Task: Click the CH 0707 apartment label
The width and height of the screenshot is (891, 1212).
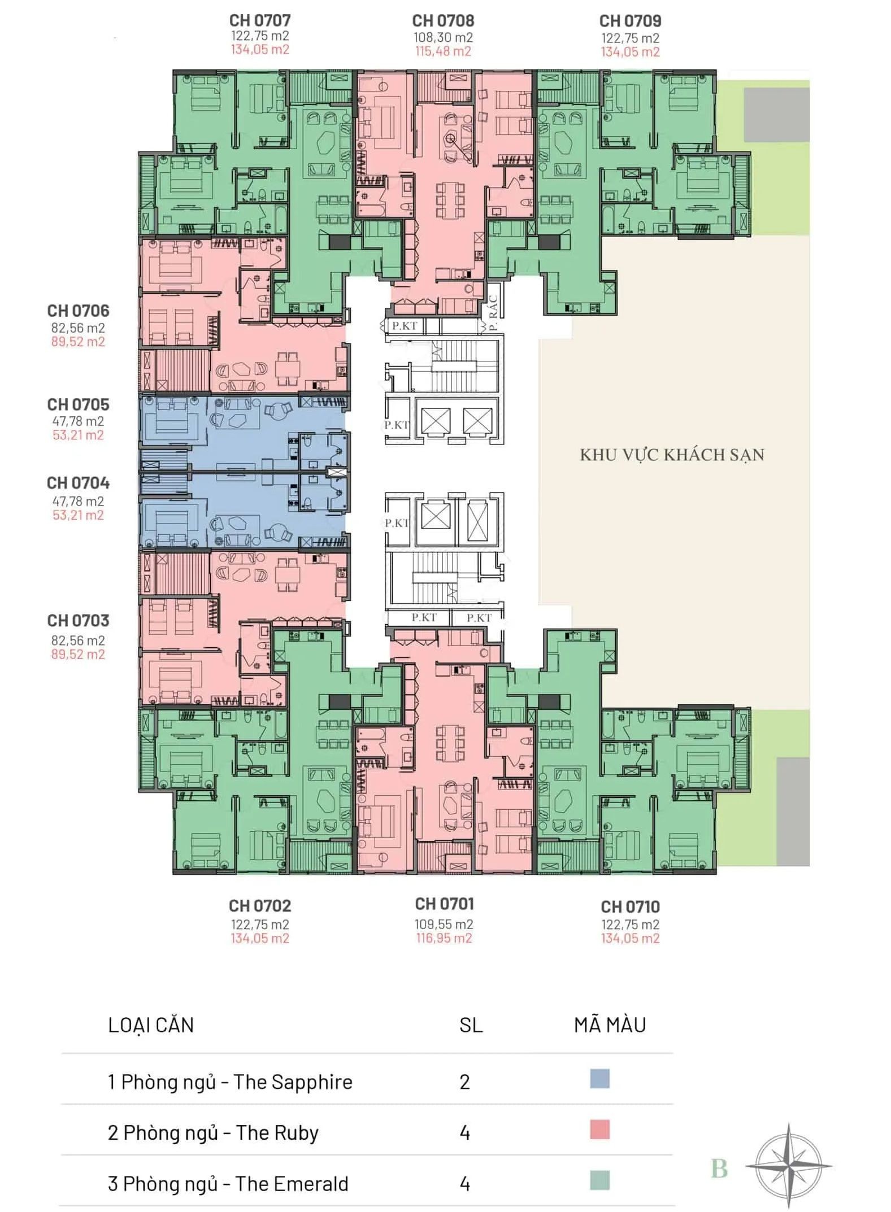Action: (260, 20)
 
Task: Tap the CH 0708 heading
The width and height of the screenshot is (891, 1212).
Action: (443, 21)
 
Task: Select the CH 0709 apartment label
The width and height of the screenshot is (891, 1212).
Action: (630, 21)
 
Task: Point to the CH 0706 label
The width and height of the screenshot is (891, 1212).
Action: (78, 311)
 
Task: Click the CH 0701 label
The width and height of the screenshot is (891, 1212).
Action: (444, 904)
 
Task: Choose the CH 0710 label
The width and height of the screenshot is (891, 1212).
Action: (630, 906)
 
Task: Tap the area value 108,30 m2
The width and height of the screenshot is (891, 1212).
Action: (443, 37)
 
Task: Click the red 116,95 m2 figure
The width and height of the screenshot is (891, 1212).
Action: (444, 938)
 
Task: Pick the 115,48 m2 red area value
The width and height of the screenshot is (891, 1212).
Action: (443, 51)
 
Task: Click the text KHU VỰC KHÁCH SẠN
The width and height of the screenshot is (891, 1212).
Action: (672, 455)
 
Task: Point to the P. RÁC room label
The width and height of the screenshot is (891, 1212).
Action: (493, 313)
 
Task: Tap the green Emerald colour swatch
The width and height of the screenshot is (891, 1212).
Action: (599, 1180)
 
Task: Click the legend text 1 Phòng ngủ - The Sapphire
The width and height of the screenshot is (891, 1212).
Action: (230, 1082)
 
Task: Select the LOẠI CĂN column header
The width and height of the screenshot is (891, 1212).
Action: (151, 1024)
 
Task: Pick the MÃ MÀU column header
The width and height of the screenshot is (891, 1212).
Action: (610, 1024)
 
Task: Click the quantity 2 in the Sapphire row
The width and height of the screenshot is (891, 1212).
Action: (464, 1082)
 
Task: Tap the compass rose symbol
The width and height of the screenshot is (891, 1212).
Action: (789, 1165)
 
